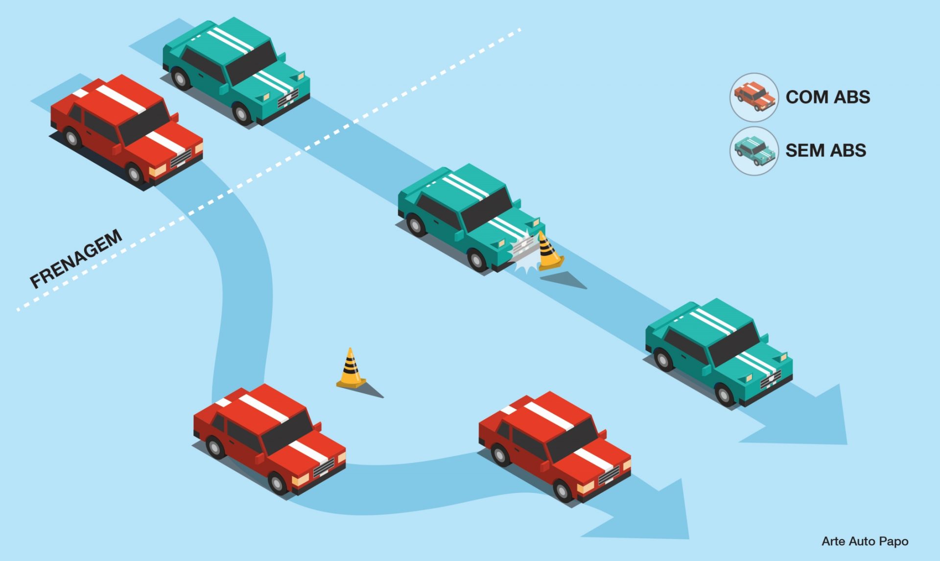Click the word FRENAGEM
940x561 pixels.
point(76,258)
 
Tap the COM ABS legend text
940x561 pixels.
point(828,97)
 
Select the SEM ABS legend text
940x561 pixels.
point(826,150)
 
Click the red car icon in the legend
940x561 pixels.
point(754,97)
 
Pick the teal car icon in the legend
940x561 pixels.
point(754,150)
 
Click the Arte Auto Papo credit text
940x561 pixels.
point(865,541)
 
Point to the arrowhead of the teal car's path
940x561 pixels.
point(803,416)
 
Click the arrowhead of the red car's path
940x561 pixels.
point(646,512)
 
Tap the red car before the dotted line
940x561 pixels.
point(127,131)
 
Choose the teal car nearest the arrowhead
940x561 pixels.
point(719,352)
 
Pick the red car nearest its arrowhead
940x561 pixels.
point(555,446)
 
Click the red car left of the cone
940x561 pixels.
point(270,439)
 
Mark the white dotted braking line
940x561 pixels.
point(268,170)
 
